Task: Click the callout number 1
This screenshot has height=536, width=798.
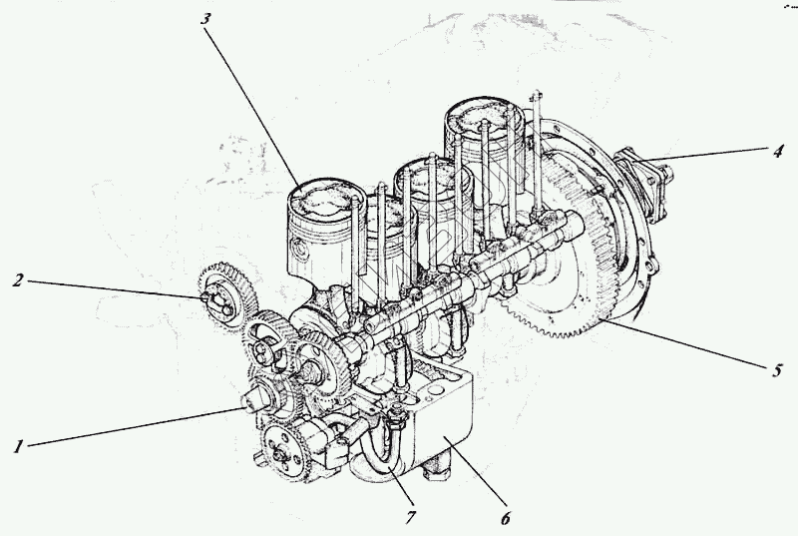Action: (x=18, y=446)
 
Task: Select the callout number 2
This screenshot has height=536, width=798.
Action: (x=18, y=279)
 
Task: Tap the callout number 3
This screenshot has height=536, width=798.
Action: (x=205, y=19)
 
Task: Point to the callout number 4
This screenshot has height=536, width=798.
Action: (x=777, y=151)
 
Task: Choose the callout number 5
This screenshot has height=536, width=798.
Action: (x=776, y=370)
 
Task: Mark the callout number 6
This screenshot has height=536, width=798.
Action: (x=505, y=518)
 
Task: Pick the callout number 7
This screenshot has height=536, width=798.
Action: (x=411, y=518)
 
